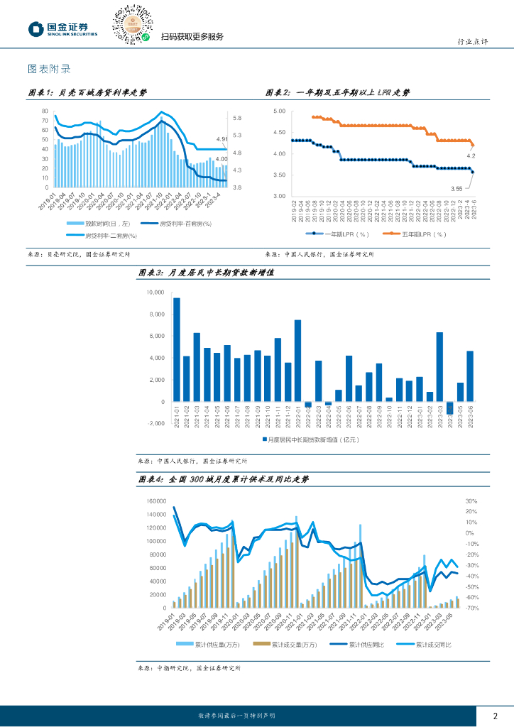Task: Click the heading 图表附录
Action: (48, 70)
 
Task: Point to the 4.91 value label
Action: (222, 139)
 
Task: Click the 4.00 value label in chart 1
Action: (222, 159)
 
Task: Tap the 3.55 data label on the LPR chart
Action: (456, 188)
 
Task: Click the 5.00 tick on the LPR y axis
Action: (279, 111)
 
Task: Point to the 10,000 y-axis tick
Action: (155, 293)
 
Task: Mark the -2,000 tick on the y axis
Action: (155, 424)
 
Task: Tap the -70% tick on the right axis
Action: (471, 608)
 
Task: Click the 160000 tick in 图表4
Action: (155, 501)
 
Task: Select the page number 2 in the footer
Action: (495, 715)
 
